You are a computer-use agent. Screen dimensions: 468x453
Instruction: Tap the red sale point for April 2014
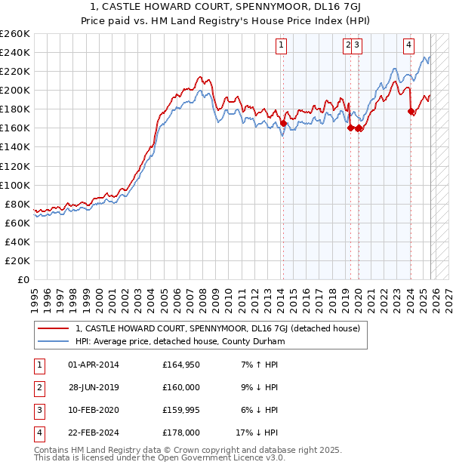pos(283,123)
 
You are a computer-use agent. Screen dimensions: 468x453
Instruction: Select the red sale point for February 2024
pos(411,111)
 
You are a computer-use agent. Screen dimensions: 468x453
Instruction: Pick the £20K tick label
pos(18,260)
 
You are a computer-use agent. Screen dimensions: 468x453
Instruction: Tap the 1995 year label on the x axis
pos(35,294)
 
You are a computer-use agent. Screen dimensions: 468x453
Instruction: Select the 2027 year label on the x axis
pos(448,294)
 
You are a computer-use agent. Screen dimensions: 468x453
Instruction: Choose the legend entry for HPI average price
pos(178,342)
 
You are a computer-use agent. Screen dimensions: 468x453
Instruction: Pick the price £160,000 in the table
pos(181,388)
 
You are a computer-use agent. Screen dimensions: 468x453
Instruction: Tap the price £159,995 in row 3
pos(181,411)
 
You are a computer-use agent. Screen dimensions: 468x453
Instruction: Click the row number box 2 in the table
pos(39,388)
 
